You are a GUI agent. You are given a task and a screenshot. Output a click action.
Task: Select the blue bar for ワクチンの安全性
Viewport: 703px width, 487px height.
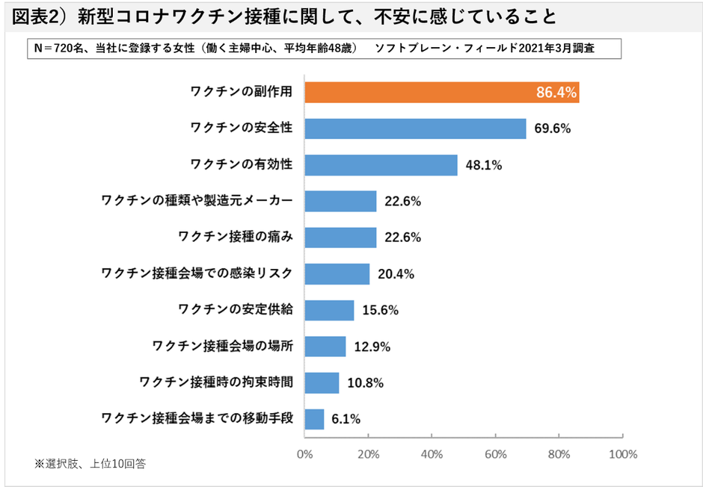coord(415,128)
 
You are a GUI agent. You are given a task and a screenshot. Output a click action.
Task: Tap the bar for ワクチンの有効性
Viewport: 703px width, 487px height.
coord(381,165)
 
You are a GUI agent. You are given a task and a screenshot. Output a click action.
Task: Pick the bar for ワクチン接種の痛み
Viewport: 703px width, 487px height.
coord(340,238)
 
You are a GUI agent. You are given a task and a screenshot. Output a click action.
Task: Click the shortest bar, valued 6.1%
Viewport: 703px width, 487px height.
coord(314,419)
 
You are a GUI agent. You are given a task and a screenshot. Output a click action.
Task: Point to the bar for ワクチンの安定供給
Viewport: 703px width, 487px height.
coord(329,310)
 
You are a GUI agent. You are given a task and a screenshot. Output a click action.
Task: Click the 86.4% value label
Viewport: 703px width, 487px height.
coord(556,93)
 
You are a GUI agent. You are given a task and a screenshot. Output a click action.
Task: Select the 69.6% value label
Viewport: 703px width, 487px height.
coord(553,128)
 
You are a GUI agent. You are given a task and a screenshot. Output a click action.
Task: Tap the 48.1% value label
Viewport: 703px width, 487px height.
coord(483,165)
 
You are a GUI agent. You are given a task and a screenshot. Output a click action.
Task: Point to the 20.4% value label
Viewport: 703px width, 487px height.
coord(396,274)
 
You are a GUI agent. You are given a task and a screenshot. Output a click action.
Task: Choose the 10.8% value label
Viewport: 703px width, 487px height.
coord(365,383)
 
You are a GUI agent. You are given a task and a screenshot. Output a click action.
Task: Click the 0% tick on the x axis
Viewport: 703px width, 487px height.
coord(304,454)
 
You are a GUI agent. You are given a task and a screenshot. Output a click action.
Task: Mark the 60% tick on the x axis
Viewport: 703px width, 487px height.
coord(496,454)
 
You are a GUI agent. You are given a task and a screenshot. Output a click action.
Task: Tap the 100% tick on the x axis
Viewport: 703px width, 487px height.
coord(622,454)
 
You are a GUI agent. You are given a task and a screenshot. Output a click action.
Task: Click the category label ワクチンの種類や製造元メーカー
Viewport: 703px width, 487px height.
coord(196,201)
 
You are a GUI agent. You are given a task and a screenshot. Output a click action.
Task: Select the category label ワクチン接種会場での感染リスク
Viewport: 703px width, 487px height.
coord(196,273)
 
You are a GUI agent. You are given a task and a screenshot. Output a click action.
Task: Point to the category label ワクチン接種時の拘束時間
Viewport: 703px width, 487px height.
coord(215,382)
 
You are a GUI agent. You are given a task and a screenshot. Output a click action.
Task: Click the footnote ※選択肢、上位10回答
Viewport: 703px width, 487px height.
coord(90,464)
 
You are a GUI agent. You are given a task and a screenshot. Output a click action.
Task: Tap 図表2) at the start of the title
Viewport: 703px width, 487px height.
coord(41,16)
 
